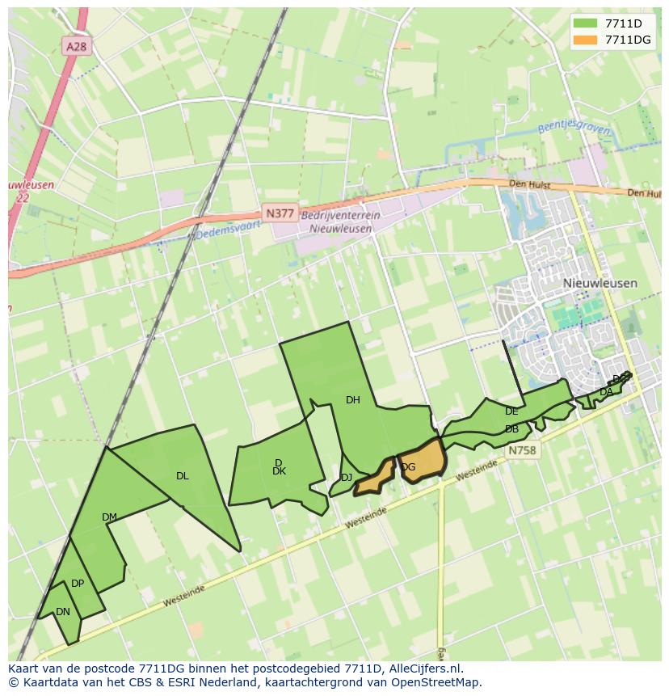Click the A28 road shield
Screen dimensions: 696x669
pos(76,47)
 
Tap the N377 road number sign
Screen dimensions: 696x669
pos(280,213)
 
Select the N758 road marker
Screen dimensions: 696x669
pos(522,450)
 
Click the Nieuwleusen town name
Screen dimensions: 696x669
pos(600,283)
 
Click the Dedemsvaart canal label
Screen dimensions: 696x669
pos(229,231)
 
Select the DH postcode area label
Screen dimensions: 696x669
pos(353,399)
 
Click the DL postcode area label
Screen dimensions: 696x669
pos(183,475)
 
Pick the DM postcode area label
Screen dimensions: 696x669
pos(109,517)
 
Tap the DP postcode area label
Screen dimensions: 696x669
pos(78,583)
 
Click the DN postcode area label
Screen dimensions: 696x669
pos(63,611)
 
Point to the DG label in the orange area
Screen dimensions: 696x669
pos(409,466)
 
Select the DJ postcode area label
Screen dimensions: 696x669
pos(346,478)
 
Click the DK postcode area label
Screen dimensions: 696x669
pos(279,471)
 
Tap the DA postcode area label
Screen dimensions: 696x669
pos(605,392)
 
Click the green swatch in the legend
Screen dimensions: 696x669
pos(587,23)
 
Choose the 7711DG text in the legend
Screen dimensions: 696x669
pos(628,40)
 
